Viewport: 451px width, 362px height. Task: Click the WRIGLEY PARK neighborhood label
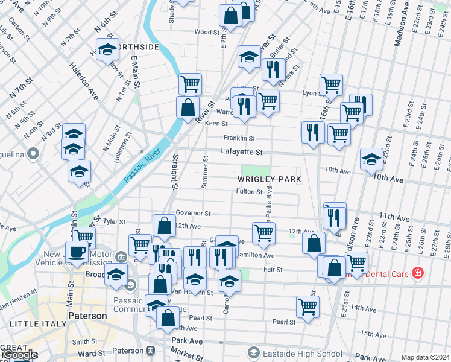pos(268,180)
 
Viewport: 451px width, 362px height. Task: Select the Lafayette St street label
pos(242,153)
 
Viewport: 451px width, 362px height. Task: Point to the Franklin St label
pos(239,138)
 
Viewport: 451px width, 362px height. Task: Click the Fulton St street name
pos(249,192)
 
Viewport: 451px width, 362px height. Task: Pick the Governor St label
pos(193,213)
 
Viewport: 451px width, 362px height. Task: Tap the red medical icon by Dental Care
pos(418,274)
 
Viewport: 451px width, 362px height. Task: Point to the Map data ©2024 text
pos(425,357)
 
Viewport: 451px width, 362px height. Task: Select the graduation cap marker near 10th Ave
pos(371,159)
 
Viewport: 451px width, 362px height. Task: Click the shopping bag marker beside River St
pos(188,107)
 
